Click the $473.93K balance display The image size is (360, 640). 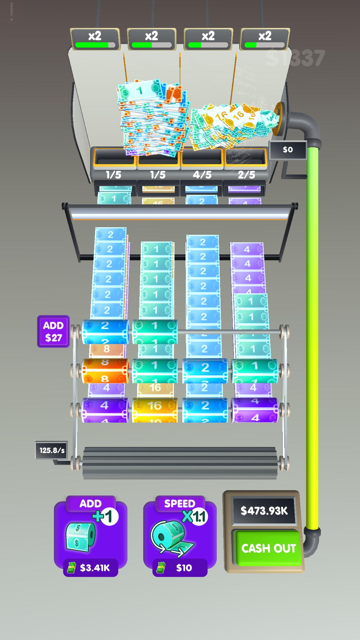264,510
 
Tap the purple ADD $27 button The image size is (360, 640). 53,331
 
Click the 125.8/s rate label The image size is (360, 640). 52,450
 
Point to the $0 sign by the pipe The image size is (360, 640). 288,150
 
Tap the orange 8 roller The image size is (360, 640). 105,371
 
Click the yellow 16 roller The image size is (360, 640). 154,409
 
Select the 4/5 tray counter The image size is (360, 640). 202,174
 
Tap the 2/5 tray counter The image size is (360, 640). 246,174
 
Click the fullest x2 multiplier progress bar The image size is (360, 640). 95,45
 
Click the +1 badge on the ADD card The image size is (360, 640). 106,517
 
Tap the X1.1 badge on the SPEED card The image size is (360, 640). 195,517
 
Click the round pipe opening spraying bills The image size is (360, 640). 279,119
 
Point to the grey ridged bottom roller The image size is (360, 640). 180,463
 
